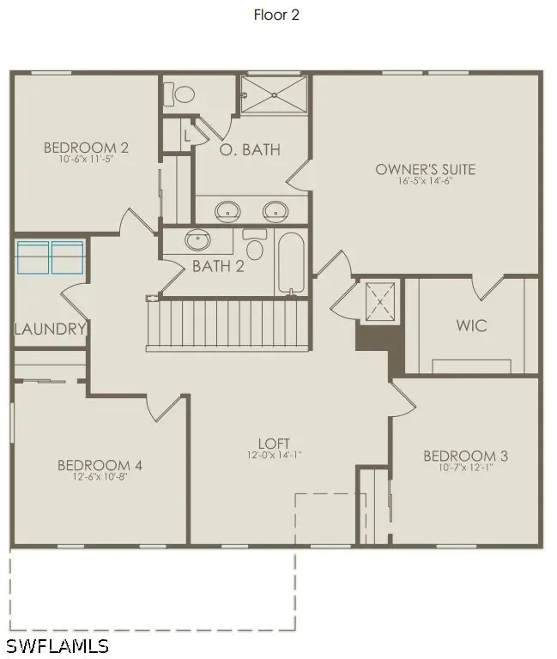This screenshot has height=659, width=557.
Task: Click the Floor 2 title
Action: [x=276, y=15]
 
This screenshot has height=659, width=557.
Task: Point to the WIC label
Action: [x=471, y=326]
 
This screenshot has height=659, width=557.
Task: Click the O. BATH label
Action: [x=250, y=149]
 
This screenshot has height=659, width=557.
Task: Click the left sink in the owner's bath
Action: [x=227, y=209]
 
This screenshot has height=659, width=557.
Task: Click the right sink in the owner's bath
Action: [x=275, y=209]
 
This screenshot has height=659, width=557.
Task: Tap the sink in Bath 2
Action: [x=199, y=239]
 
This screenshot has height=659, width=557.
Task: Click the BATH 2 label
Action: [x=218, y=266]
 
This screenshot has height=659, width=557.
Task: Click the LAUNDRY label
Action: [x=50, y=329]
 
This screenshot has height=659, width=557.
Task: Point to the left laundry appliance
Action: [x=33, y=257]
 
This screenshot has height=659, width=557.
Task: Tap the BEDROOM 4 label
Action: [x=100, y=465]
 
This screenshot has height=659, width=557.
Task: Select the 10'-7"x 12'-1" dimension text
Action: [x=465, y=468]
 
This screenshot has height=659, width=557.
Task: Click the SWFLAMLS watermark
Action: [x=58, y=644]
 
